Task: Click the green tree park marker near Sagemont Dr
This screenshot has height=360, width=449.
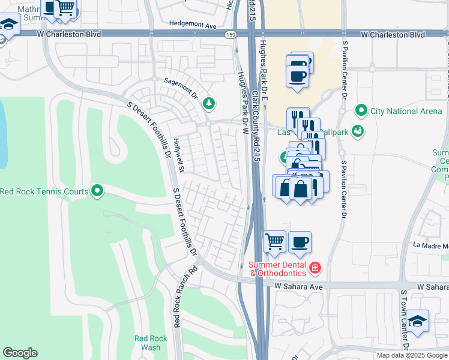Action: click(x=209, y=103)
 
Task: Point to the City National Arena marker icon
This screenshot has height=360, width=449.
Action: click(x=361, y=110)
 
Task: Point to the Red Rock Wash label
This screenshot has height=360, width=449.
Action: click(x=147, y=343)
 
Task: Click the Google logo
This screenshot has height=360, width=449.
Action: click(x=20, y=353)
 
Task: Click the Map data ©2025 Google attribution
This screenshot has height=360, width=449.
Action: click(x=412, y=355)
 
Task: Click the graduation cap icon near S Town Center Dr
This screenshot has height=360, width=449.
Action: click(x=417, y=321)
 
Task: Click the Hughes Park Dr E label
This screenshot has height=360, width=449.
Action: click(x=264, y=66)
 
